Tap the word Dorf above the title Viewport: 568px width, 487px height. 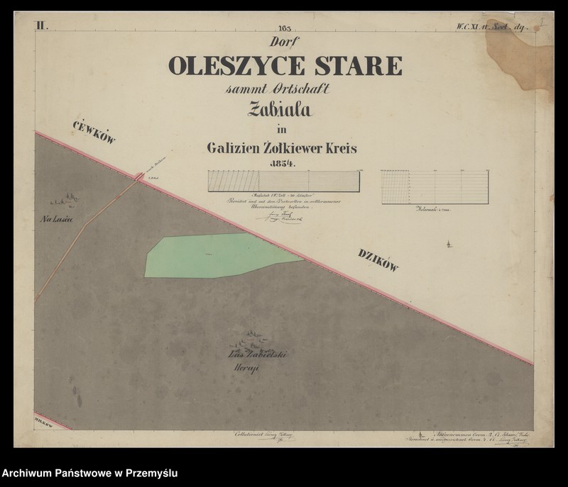click(284, 43)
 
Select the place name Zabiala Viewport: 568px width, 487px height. click(280, 109)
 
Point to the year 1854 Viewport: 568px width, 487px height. click(282, 163)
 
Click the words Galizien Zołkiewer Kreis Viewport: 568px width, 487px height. click(282, 148)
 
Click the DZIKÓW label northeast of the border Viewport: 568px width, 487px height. click(378, 259)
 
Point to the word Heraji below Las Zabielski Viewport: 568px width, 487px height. click(244, 369)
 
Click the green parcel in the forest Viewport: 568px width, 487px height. click(213, 255)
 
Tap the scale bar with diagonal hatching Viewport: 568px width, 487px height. click(283, 181)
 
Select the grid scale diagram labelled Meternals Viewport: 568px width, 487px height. click(435, 186)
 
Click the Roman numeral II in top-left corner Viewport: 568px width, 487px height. click(40, 26)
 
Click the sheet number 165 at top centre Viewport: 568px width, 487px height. click(285, 28)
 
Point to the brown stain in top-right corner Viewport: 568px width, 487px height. click(522, 57)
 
